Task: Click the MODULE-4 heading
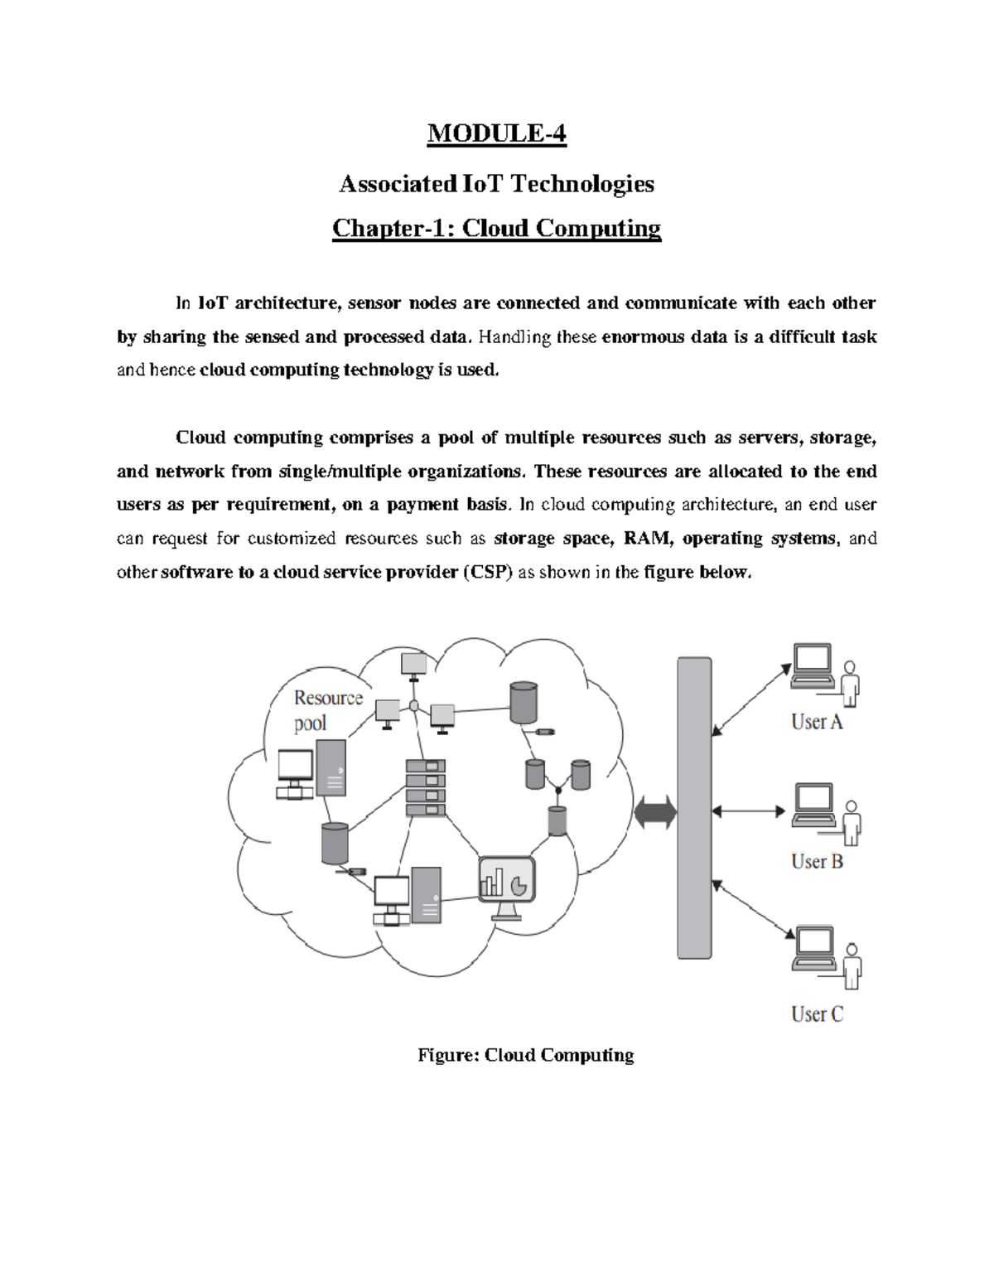(496, 133)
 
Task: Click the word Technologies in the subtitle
(581, 183)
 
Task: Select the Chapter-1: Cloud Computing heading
(496, 228)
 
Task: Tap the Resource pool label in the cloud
(328, 710)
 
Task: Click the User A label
(817, 723)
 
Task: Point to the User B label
(817, 862)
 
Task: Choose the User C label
(817, 1014)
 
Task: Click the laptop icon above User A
(812, 666)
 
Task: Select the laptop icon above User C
(813, 949)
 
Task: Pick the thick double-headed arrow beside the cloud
(655, 812)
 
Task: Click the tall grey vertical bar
(694, 808)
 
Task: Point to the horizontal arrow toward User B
(748, 811)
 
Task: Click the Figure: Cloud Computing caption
(526, 1055)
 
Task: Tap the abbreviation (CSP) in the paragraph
(487, 572)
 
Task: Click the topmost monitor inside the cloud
(413, 664)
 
